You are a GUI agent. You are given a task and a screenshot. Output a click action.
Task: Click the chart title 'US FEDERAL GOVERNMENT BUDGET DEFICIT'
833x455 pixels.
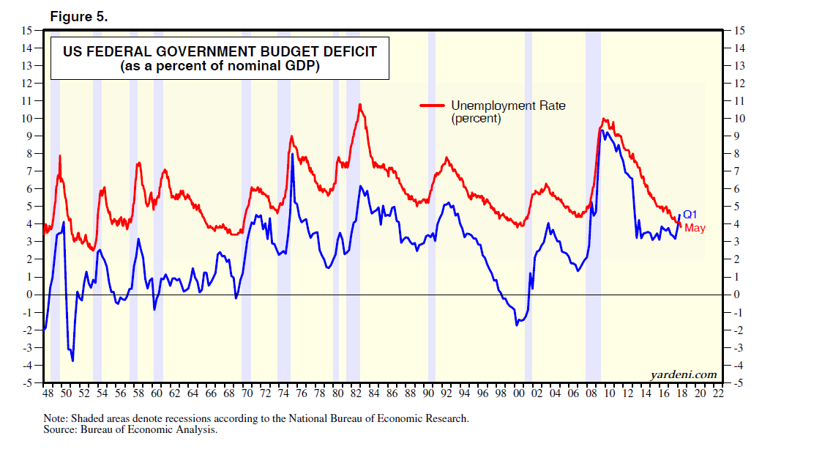click(220, 52)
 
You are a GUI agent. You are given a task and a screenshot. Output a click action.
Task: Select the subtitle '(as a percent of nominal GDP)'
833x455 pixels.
click(220, 66)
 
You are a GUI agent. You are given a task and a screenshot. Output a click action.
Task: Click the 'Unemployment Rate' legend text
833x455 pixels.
click(508, 106)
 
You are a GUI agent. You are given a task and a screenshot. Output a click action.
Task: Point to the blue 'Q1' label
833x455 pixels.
click(690, 215)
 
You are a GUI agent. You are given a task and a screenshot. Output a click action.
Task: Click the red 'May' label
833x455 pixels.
click(695, 229)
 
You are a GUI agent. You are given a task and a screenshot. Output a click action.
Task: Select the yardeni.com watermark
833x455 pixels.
click(684, 374)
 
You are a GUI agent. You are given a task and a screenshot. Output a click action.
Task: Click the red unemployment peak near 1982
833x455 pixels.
click(360, 104)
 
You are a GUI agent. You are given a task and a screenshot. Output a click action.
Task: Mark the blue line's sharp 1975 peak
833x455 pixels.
click(292, 154)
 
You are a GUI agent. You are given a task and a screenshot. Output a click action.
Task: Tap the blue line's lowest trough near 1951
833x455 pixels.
click(72, 360)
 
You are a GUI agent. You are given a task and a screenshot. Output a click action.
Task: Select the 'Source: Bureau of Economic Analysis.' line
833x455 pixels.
click(131, 430)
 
